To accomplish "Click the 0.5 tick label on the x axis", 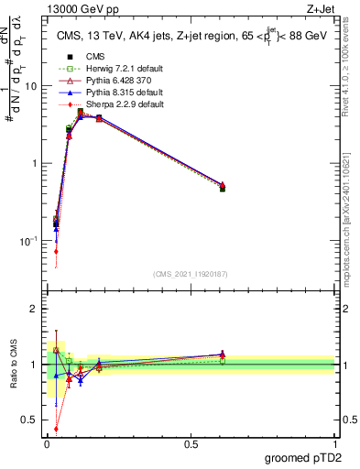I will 191,442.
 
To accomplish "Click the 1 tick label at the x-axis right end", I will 334,442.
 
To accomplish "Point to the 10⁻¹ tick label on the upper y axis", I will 27,241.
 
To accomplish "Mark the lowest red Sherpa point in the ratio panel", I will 57,428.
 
